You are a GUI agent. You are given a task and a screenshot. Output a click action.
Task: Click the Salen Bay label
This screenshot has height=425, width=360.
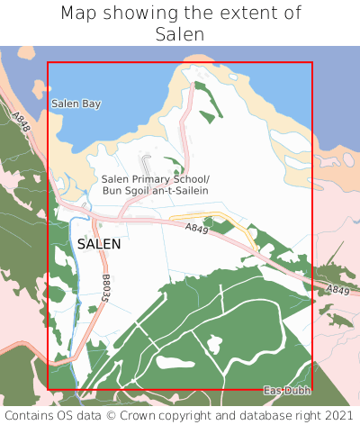pyautogui.click(x=76, y=104)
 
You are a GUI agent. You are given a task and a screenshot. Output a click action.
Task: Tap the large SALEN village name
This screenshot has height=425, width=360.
pyautogui.click(x=99, y=244)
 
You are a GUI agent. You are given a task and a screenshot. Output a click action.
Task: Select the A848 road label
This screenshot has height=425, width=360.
pyautogui.click(x=22, y=121)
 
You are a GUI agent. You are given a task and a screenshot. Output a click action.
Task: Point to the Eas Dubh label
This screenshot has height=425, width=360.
pyautogui.click(x=287, y=390)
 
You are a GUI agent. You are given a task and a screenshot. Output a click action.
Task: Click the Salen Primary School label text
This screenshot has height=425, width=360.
pyautogui.click(x=155, y=179)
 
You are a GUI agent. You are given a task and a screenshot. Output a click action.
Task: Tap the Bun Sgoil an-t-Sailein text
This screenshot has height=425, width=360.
pyautogui.click(x=155, y=191)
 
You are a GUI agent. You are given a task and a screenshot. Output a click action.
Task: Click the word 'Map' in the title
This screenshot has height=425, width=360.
pyautogui.click(x=80, y=14)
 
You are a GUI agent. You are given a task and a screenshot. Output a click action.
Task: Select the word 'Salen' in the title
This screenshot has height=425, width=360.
pyautogui.click(x=180, y=34)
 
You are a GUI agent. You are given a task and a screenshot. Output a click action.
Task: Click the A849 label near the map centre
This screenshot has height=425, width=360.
pyautogui.click(x=197, y=231)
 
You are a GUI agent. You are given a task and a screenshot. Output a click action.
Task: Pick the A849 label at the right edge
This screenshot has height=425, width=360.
pyautogui.click(x=337, y=290)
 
